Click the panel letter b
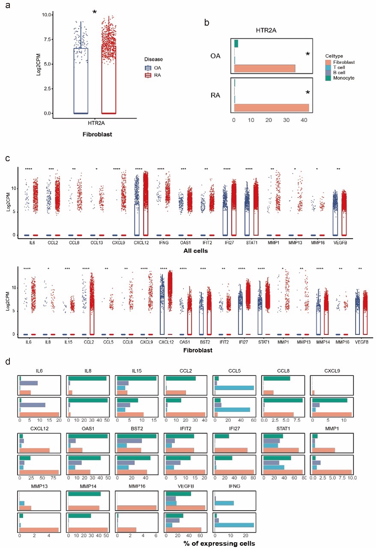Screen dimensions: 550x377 (207, 23)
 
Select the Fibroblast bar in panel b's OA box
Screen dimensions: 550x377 (265, 69)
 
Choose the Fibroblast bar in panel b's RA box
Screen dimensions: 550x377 (272, 108)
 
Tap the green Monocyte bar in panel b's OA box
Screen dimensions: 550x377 (236, 44)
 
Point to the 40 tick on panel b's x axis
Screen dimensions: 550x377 (303, 120)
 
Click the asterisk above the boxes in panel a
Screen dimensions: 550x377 (94, 12)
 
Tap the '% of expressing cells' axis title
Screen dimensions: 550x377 (220, 543)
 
